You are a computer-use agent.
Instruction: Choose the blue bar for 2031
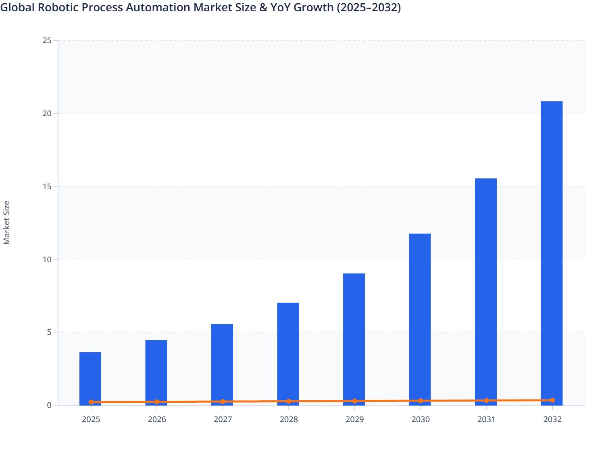point(486,291)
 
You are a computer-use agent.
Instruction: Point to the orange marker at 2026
point(157,402)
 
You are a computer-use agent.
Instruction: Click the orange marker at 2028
point(289,402)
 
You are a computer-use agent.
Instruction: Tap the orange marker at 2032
point(552,400)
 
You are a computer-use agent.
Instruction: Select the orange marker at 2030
point(421,401)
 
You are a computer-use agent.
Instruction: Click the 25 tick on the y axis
point(47,40)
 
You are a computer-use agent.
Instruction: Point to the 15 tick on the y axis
point(47,186)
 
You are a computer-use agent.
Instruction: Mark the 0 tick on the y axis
point(49,405)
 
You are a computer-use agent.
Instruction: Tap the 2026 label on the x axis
point(157,420)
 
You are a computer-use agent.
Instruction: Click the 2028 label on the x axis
point(289,420)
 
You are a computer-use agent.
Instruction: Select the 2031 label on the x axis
point(486,420)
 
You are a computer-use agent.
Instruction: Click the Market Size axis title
point(7,222)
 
